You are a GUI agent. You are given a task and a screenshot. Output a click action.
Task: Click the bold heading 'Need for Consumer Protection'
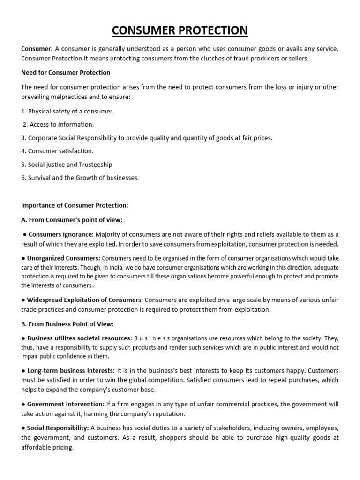(66, 73)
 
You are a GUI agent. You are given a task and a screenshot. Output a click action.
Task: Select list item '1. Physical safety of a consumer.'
(67, 112)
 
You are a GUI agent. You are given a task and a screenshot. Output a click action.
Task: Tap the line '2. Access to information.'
(59, 125)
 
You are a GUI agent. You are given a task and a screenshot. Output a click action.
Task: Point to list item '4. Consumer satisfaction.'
(57, 151)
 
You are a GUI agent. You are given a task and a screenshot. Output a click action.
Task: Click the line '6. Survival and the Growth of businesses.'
(80, 178)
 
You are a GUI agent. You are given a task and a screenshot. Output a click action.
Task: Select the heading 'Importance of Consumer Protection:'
(75, 205)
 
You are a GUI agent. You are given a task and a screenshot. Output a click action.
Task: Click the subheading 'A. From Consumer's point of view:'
(72, 220)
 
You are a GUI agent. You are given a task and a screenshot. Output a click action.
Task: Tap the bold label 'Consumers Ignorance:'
(61, 234)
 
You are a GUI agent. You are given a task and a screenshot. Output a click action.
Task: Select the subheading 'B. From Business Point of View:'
(67, 324)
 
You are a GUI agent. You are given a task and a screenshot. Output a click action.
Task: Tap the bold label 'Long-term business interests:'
(71, 371)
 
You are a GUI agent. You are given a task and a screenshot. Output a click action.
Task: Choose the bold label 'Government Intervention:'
(66, 404)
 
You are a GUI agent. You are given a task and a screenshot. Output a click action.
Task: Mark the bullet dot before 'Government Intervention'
(23, 404)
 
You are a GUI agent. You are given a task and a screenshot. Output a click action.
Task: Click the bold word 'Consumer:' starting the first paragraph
(37, 49)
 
